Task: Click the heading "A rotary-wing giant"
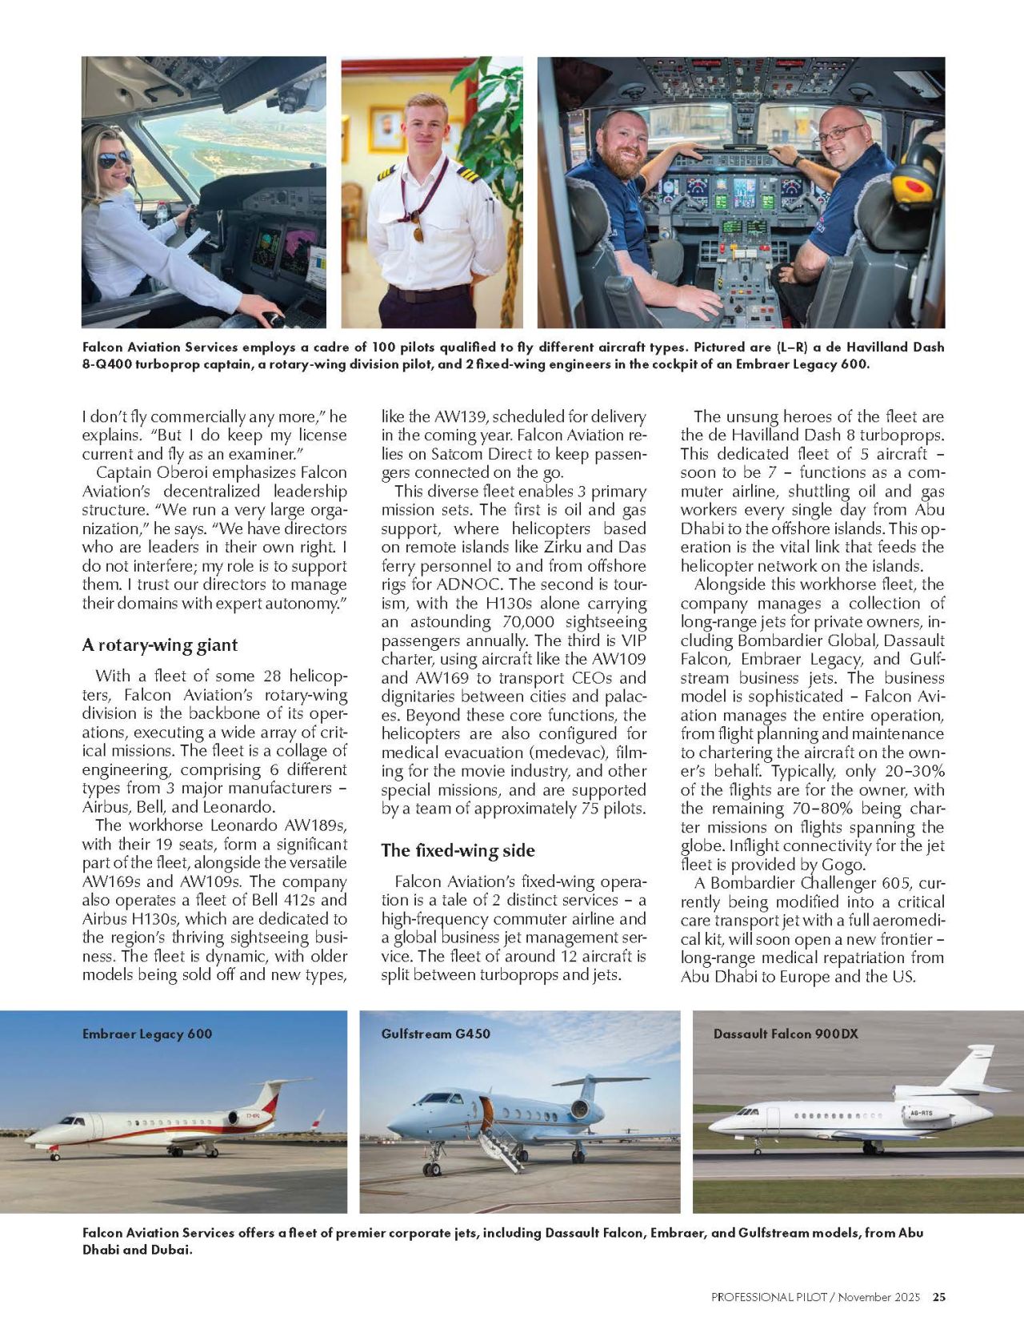pyautogui.click(x=159, y=645)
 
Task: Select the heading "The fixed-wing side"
pyautogui.click(x=458, y=850)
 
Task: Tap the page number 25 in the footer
pyautogui.click(x=939, y=1297)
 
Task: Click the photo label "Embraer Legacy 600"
pyautogui.click(x=147, y=1034)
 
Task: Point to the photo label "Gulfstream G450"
pyautogui.click(x=435, y=1034)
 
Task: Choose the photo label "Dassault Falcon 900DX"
pyautogui.click(x=786, y=1034)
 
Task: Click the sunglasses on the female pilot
pyautogui.click(x=115, y=159)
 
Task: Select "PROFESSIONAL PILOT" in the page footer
pyautogui.click(x=768, y=1297)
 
